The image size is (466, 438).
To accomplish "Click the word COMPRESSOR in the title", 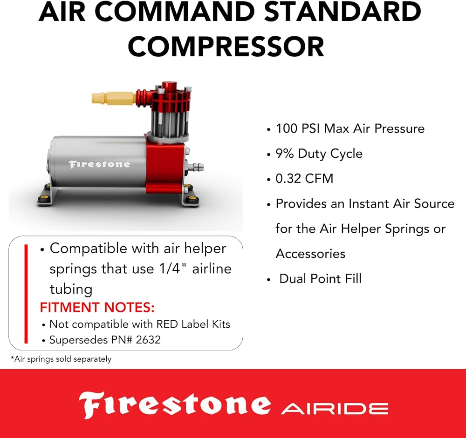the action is pos(226,47).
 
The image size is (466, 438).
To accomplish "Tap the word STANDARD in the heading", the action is pos(343,12).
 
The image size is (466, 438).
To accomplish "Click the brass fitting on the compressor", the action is pos(114,98).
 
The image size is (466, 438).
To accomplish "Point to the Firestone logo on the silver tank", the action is pos(99,164).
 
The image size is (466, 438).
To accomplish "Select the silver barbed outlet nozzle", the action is pos(197,166).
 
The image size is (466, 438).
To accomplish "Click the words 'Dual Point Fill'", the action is pos(321,278).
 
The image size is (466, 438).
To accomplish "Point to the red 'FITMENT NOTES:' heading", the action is pos(97,307).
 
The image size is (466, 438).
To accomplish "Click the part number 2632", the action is pos(148,340).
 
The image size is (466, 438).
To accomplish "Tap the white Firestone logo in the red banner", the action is pos(175,405).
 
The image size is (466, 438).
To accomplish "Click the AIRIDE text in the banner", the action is pos(335,409).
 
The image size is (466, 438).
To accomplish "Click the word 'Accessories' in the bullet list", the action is pos(310,254).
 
